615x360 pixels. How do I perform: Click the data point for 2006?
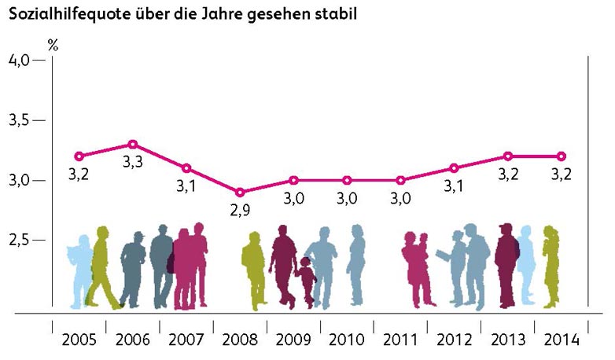coord(133,145)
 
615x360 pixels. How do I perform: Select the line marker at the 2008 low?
coord(240,193)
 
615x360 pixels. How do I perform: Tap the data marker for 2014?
coord(562,156)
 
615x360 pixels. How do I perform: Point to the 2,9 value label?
coord(240,210)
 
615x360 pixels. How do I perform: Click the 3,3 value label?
coord(133,163)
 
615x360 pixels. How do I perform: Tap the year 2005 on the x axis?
coord(79,340)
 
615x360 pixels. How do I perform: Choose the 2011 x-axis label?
coord(400,340)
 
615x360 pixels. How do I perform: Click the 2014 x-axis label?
coord(562,340)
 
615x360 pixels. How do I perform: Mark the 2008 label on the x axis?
coord(240,340)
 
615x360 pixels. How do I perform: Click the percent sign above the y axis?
coord(53,44)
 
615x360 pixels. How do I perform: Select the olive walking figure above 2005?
coord(101,267)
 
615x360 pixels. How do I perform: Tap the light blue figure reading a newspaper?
coord(79,267)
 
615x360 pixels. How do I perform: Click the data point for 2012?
coord(454,168)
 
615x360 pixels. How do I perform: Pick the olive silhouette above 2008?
coord(253,267)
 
